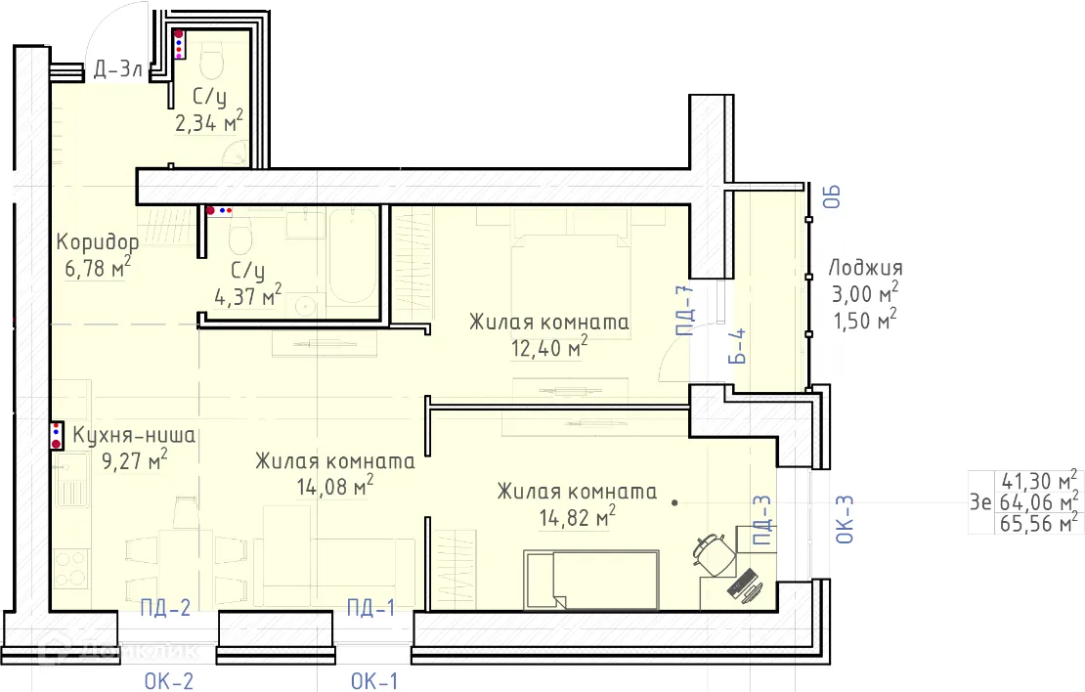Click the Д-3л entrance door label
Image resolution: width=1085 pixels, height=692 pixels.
tap(117, 69)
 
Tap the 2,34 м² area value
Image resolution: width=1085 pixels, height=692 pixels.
tap(209, 122)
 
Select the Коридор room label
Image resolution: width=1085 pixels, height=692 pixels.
tap(98, 242)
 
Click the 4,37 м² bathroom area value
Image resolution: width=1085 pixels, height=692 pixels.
tap(247, 295)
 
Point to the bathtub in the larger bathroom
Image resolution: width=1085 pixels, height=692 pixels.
tap(352, 257)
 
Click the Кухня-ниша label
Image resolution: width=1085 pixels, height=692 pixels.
tap(134, 435)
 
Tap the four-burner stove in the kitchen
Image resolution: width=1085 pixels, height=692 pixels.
tap(71, 569)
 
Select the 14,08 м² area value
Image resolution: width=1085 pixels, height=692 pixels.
tap(335, 486)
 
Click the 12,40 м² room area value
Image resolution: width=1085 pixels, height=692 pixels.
tap(549, 347)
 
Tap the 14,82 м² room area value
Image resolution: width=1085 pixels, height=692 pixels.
tap(577, 516)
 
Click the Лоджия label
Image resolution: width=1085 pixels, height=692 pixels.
tap(866, 269)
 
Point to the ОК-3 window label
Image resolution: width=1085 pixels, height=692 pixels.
tap(846, 519)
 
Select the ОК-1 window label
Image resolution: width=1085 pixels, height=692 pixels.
tap(374, 681)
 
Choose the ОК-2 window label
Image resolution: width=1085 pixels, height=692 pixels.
tap(169, 681)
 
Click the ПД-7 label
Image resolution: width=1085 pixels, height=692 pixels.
tap(684, 311)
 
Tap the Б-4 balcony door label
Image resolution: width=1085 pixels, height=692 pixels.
tap(738, 346)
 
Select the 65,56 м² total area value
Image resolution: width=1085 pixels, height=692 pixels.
tap(1039, 523)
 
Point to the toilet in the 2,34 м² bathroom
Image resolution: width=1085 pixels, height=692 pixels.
tap(211, 60)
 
